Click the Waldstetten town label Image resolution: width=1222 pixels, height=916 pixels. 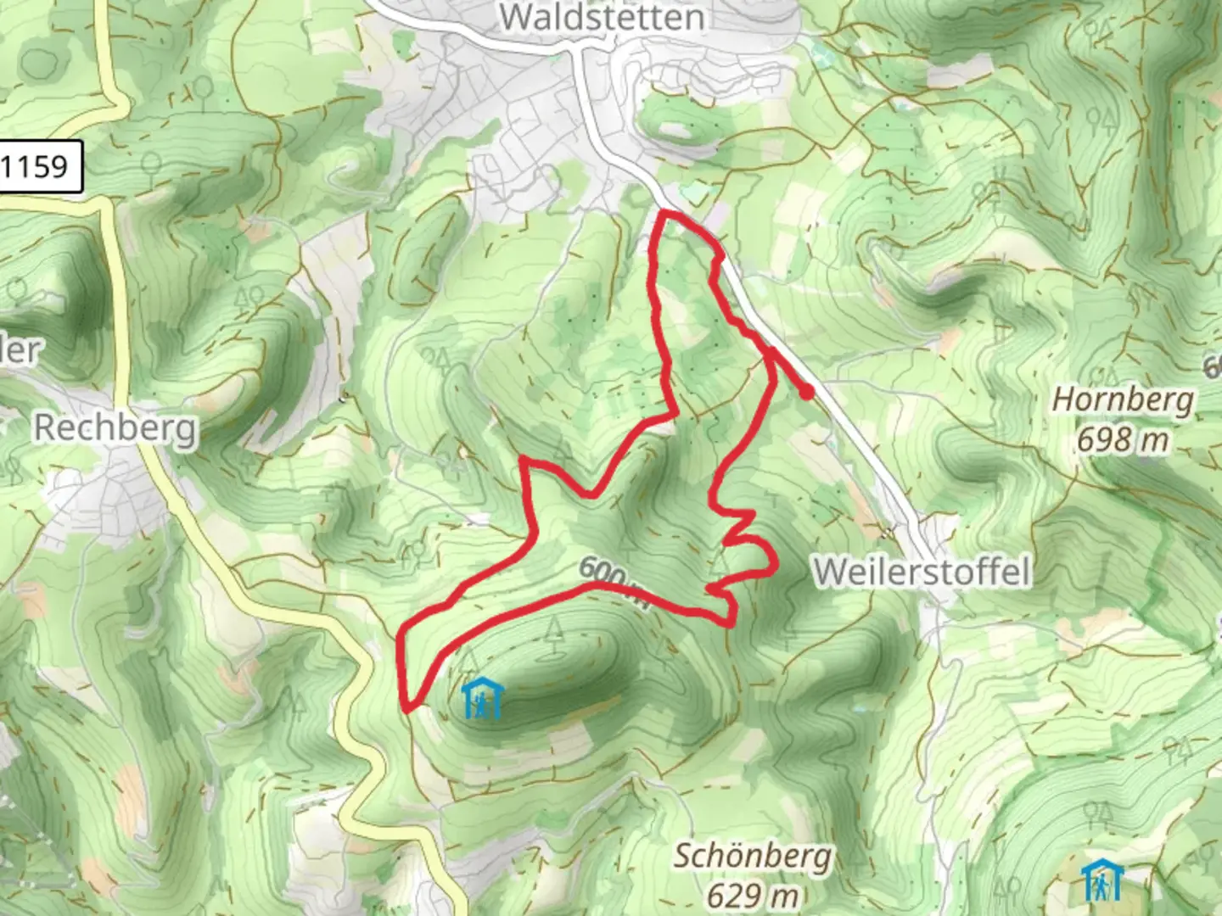[x=602, y=17]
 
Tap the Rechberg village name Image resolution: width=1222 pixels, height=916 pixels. [x=115, y=427]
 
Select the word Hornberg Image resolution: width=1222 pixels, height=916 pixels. [x=1123, y=399]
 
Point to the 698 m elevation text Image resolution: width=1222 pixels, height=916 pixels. [x=1123, y=439]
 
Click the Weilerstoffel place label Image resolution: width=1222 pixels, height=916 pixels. [x=922, y=572]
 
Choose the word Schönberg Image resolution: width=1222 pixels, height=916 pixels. [x=753, y=857]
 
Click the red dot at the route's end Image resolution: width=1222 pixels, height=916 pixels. [x=806, y=392]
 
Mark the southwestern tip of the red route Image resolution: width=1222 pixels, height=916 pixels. [x=407, y=707]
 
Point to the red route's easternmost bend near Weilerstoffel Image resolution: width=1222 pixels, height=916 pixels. [x=775, y=563]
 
